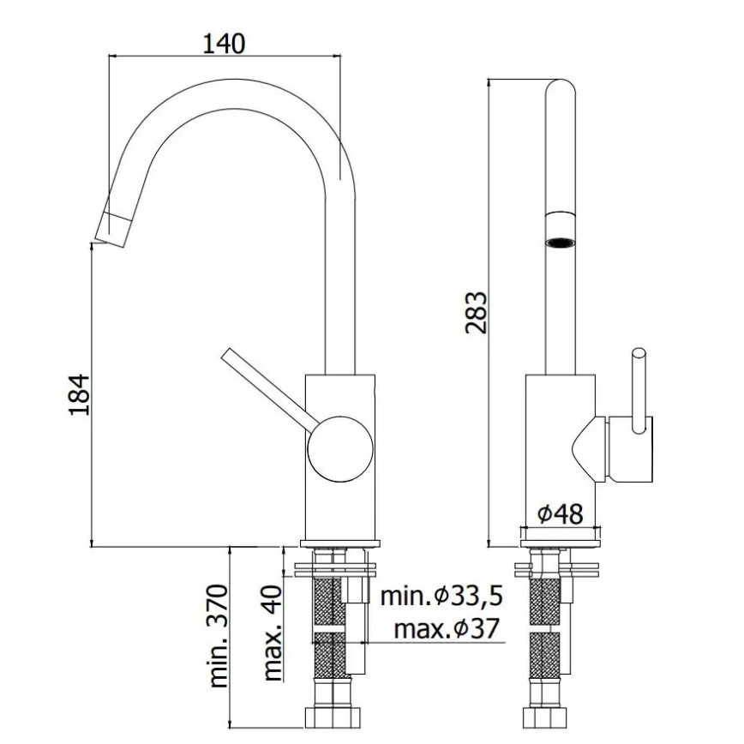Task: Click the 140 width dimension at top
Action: pyautogui.click(x=224, y=42)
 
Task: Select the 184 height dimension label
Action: pyautogui.click(x=79, y=394)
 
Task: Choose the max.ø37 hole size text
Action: pyautogui.click(x=446, y=630)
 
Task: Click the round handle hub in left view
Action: pyautogui.click(x=340, y=449)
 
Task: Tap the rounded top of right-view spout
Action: pyautogui.click(x=561, y=89)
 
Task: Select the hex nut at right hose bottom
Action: pyautogui.click(x=544, y=715)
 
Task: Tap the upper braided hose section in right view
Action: pyautogui.click(x=544, y=603)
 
